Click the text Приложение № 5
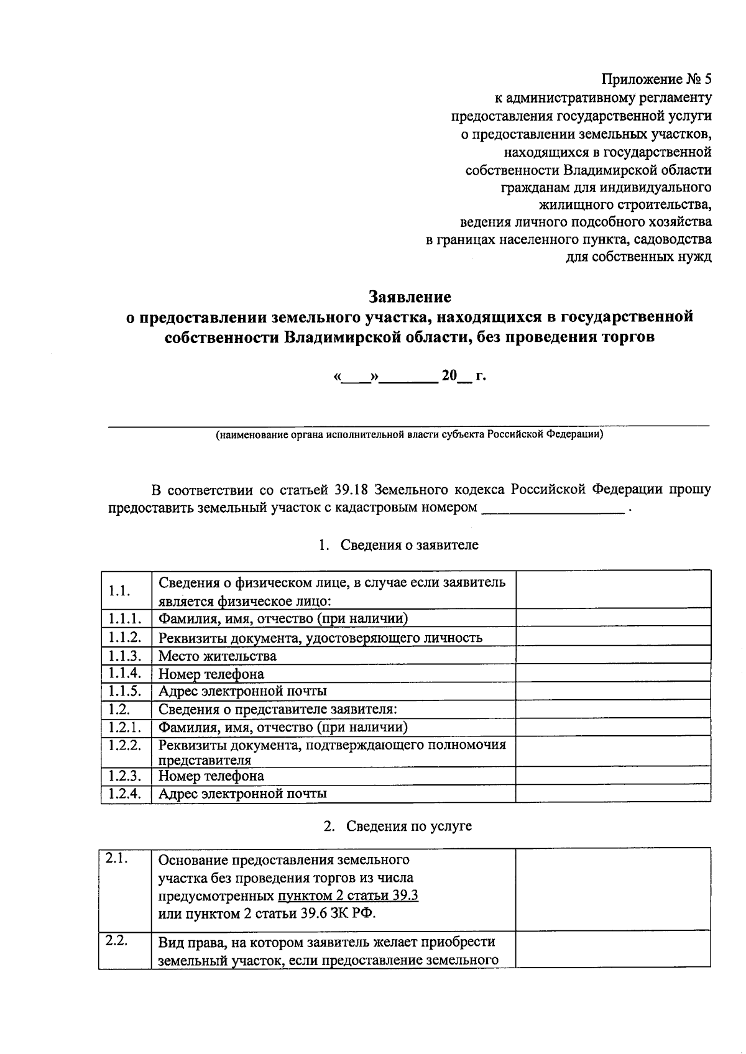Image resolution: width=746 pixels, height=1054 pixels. (x=656, y=80)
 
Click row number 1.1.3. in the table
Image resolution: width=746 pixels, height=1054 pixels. (x=125, y=655)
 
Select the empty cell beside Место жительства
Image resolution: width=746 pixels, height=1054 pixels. (x=613, y=655)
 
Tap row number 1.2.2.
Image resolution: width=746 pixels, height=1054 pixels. (x=125, y=745)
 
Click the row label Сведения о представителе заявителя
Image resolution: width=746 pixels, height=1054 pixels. (x=277, y=709)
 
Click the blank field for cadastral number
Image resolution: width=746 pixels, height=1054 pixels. (x=553, y=508)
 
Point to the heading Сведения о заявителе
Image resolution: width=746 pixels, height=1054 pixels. (x=409, y=545)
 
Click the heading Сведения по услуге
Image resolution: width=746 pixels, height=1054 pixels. (x=408, y=826)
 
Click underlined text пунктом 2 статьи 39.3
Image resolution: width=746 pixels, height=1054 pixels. (x=348, y=896)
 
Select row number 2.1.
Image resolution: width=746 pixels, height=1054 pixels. (x=117, y=858)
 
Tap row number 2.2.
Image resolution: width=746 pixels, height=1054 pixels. (x=117, y=940)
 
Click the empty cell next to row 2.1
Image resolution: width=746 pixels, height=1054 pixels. (x=613, y=889)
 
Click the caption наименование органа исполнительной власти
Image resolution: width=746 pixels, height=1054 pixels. (x=409, y=435)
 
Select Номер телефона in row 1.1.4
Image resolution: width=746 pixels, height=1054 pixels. (x=211, y=674)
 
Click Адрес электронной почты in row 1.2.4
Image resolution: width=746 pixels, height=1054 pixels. (x=242, y=794)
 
